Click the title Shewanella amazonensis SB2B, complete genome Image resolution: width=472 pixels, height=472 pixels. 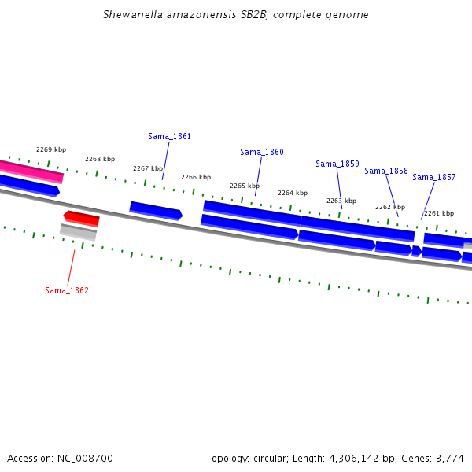236,15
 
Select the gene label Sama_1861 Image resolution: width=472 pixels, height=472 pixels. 169,136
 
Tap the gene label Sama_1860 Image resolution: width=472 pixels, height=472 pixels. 262,152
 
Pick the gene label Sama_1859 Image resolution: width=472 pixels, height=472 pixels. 337,164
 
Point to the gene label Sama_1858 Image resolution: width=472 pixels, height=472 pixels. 386,171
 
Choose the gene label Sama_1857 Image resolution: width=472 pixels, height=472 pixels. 434,177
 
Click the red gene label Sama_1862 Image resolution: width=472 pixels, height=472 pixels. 67,290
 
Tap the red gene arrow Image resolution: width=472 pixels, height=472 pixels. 81,219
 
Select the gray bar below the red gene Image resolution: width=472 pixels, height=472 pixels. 78,232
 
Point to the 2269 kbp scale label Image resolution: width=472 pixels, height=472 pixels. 51,149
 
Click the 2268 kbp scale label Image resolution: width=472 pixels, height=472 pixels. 100,159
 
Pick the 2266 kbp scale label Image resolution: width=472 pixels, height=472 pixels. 196,177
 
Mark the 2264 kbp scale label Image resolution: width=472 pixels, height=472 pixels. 293,193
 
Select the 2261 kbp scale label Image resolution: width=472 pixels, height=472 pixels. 439,213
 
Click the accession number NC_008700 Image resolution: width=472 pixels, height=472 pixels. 85,459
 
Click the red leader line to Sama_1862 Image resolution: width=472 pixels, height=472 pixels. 71,268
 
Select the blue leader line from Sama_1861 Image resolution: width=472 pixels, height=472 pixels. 166,160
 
